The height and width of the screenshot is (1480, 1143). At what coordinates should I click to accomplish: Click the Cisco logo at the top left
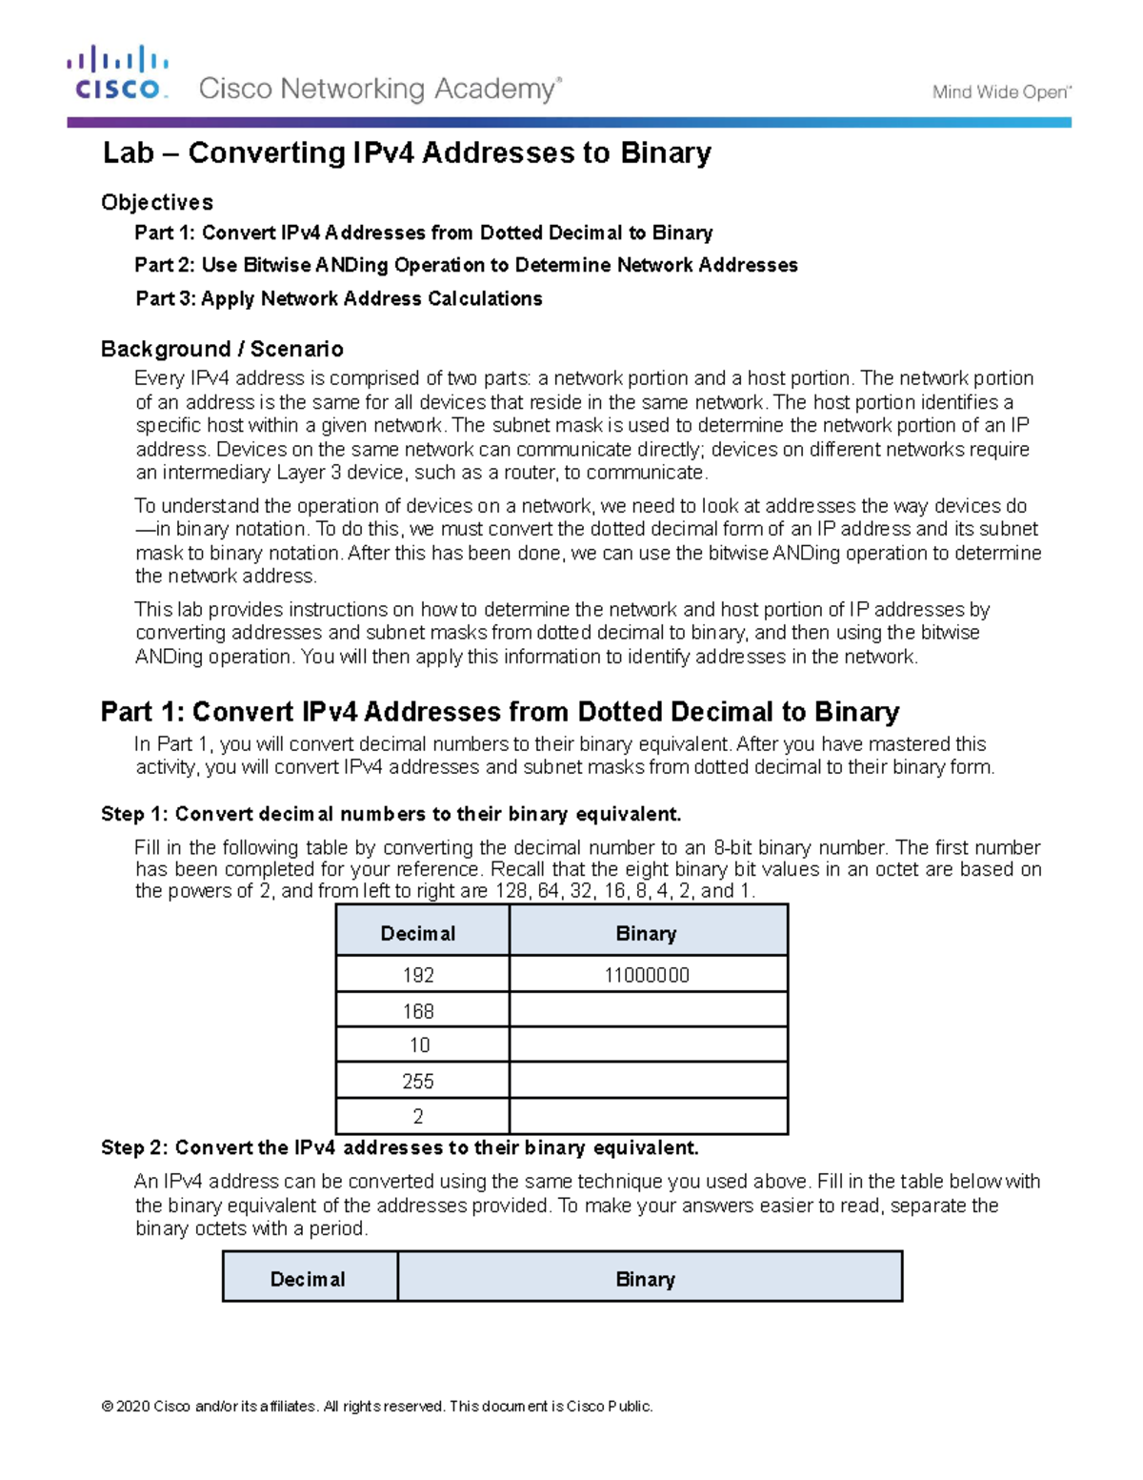coord(118,72)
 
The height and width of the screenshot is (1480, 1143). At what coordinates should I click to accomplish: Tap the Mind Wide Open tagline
coord(1001,92)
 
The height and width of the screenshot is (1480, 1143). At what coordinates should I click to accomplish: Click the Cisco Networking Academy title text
coord(379,90)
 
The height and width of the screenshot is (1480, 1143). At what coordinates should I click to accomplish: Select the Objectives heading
coord(157,202)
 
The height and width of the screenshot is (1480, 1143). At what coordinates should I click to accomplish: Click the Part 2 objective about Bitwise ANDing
coord(466,265)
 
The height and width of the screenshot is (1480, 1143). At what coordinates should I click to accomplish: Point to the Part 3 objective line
coord(338,298)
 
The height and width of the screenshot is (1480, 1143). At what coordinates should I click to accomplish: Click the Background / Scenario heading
coord(222,349)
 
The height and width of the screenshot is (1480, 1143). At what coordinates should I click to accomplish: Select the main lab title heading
coord(407,153)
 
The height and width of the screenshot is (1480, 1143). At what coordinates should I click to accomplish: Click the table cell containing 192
coord(418,975)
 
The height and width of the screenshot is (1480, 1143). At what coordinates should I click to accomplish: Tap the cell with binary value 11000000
coord(647,975)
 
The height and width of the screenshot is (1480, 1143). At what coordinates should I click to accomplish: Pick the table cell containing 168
coord(418,1010)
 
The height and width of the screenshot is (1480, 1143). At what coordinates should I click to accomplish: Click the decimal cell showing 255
coord(418,1081)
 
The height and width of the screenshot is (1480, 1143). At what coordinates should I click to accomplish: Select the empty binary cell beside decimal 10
coord(648,1044)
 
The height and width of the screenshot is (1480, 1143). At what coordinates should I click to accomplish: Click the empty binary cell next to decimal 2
coord(648,1116)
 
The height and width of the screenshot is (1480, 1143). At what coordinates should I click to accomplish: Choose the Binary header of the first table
coord(647,933)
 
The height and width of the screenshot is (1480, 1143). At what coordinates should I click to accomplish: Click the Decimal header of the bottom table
coord(308,1279)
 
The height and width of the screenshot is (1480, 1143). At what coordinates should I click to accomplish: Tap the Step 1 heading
coord(391,814)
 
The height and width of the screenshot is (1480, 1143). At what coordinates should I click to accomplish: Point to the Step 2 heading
coord(400,1147)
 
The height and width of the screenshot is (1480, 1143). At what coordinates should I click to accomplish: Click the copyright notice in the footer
coord(377,1406)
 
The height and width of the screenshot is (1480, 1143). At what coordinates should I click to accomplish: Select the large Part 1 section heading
coord(500,712)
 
